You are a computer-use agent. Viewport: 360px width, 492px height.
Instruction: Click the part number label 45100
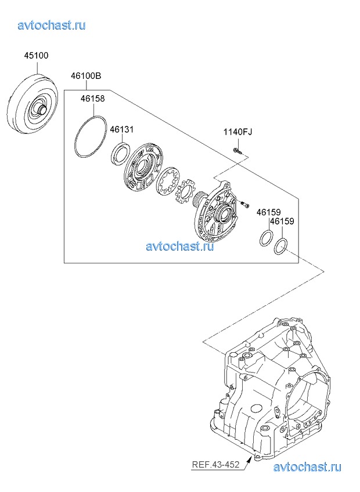[37, 56]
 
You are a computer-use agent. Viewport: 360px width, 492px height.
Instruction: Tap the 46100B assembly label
[86, 76]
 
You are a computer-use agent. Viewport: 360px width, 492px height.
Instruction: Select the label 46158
[93, 99]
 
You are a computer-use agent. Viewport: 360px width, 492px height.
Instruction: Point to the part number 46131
[121, 129]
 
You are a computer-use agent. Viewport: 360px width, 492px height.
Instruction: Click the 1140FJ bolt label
[238, 132]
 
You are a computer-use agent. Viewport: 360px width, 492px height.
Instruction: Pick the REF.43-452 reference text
[215, 464]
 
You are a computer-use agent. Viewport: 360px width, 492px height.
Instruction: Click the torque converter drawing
[32, 103]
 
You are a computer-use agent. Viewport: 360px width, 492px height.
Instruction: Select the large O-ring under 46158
[91, 136]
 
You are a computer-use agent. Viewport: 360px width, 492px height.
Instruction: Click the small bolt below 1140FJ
[237, 151]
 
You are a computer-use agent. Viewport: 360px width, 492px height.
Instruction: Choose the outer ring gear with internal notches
[169, 182]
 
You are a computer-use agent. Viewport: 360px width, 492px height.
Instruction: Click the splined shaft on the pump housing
[199, 201]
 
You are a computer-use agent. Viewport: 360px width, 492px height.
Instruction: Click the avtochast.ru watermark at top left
[52, 25]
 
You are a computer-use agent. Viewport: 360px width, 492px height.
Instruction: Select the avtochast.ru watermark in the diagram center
[180, 246]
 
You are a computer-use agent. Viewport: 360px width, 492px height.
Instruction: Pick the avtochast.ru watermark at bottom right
[307, 467]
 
